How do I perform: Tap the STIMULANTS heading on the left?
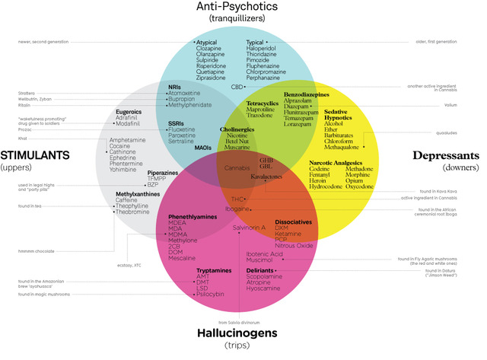35,155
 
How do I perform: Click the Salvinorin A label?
249,227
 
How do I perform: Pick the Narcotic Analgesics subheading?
336,163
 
